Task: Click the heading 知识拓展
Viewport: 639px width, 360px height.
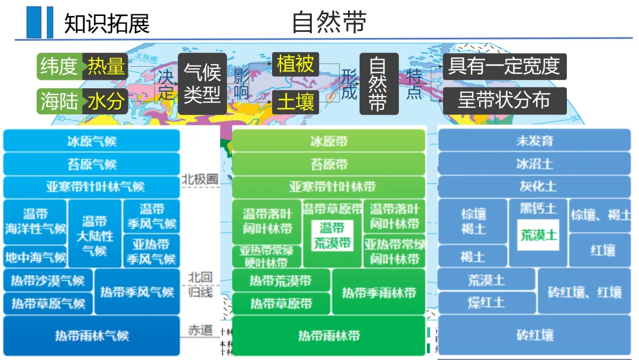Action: coord(106,23)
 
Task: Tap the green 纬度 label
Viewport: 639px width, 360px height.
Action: coord(60,66)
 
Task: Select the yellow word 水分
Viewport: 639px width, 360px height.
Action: coord(107,101)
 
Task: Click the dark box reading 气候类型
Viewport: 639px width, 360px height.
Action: coord(202,83)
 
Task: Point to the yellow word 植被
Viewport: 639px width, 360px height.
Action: coord(295,64)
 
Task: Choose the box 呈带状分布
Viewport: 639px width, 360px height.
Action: coord(504,100)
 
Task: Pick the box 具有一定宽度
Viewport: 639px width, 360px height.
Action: coord(504,66)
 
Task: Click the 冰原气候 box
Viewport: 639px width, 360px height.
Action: coord(92,141)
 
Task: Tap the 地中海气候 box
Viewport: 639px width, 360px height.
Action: coord(36,258)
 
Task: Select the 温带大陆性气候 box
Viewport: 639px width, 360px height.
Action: coord(95,235)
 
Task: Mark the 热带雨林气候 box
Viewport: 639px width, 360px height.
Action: coord(92,336)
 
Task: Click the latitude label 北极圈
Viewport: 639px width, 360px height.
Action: coord(199,179)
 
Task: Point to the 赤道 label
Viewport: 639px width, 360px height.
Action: coord(199,330)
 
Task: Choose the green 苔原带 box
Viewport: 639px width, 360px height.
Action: coord(329,164)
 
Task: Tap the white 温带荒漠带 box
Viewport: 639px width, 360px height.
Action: coord(332,235)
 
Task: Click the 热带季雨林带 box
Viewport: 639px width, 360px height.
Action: coord(379,292)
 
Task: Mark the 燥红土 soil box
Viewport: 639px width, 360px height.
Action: coord(486,303)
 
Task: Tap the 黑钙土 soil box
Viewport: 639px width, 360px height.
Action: coord(538,208)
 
